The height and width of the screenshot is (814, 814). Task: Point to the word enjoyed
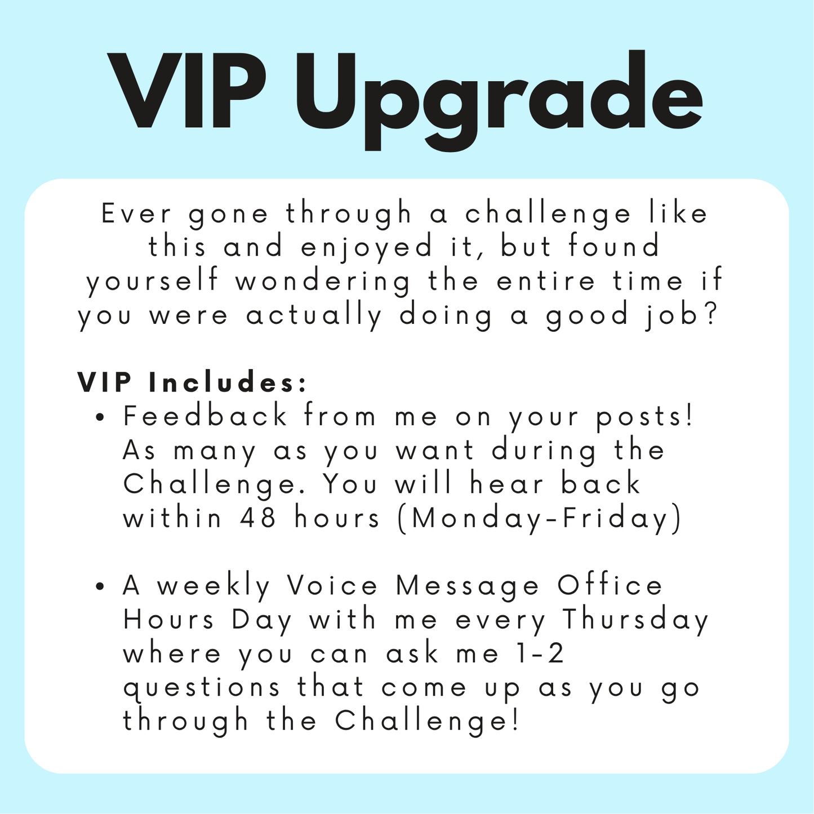(367, 248)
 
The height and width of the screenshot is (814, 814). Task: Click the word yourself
(152, 282)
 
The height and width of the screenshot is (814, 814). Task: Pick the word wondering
(323, 282)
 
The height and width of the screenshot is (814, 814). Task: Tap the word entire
(546, 281)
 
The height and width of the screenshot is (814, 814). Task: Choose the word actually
(314, 316)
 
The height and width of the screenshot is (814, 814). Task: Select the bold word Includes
(229, 382)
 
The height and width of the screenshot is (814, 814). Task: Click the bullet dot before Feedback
(101, 418)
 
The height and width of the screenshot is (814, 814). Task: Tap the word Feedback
(206, 417)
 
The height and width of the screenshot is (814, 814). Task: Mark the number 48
(258, 518)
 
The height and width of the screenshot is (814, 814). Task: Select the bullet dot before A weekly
(101, 587)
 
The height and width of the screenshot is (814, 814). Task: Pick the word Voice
(332, 586)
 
